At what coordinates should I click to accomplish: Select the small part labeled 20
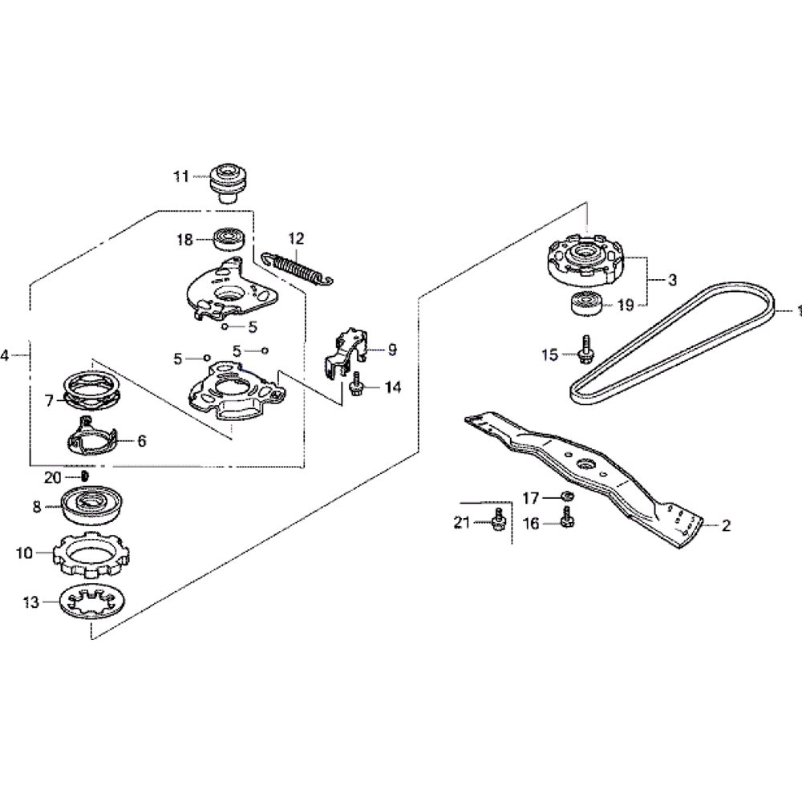point(86,476)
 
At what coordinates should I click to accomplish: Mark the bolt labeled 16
point(566,521)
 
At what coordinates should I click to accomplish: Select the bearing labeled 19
point(584,306)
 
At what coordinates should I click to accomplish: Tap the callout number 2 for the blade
point(726,526)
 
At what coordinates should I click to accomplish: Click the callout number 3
point(672,280)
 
